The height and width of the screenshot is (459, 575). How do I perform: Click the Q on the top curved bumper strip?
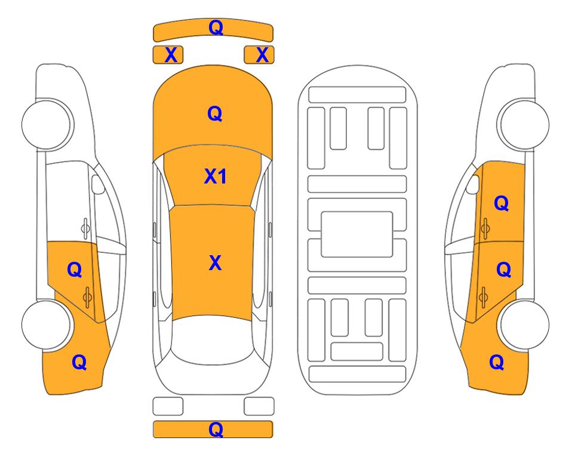(216, 27)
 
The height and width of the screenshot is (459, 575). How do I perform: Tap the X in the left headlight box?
(171, 55)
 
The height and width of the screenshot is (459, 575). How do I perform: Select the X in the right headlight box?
(262, 55)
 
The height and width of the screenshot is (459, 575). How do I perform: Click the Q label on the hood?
(215, 114)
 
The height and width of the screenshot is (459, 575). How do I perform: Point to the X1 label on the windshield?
(216, 177)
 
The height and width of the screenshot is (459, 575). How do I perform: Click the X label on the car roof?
(215, 264)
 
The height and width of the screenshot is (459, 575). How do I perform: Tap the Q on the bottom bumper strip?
(216, 429)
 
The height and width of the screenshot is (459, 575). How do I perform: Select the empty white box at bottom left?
(168, 406)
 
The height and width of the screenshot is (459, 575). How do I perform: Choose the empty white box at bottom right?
(259, 406)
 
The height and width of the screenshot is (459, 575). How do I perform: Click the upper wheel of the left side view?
(46, 124)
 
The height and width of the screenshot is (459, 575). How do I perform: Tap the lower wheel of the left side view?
(46, 325)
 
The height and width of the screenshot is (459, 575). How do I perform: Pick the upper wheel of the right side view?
(524, 124)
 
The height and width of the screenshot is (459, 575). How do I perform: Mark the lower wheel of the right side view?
(524, 325)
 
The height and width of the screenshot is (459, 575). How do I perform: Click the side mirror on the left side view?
(97, 184)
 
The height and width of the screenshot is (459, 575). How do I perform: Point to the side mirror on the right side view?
(473, 184)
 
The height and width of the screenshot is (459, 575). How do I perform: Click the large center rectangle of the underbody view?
(357, 234)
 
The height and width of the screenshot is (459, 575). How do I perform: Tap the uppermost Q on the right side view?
(502, 203)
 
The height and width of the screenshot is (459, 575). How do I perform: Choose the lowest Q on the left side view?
(79, 362)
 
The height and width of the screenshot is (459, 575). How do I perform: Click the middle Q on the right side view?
(503, 270)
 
